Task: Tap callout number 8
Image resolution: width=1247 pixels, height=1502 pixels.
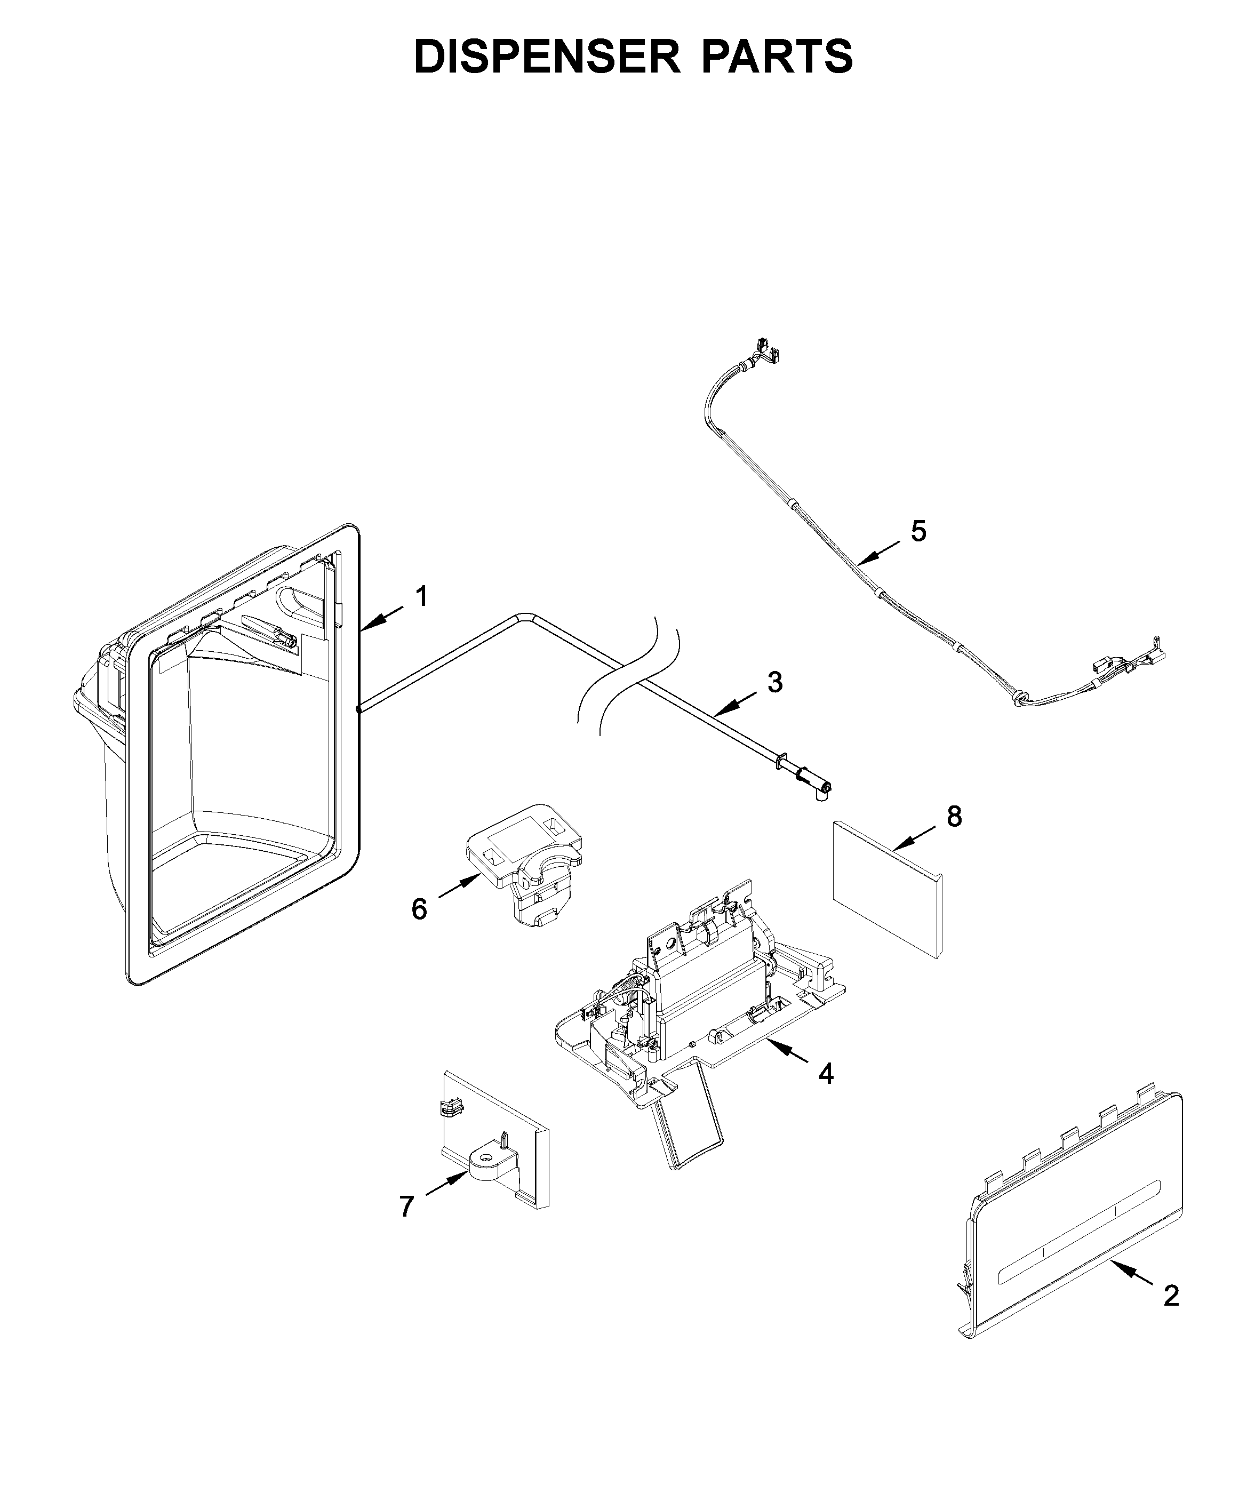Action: point(954,816)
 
